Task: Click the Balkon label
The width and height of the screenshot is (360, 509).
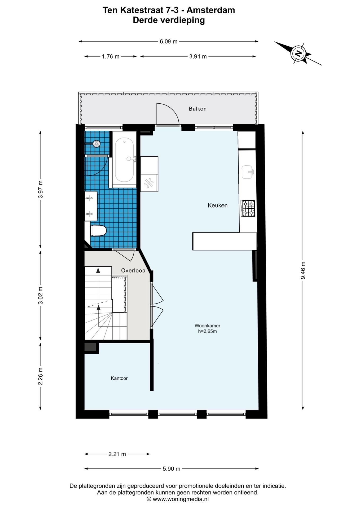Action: pos(197,109)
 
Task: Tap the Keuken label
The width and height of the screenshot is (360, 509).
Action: pos(218,205)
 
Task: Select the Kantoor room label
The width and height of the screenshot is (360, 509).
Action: pos(119,378)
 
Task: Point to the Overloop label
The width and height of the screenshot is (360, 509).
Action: pos(133,270)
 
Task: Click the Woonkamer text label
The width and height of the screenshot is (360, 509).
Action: pos(208,326)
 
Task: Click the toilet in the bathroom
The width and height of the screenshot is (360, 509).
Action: pos(98,230)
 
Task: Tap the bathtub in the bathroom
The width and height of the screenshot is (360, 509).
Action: pos(124,160)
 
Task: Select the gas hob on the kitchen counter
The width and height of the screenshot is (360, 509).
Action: pos(248,208)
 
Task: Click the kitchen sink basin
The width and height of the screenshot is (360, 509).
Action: pos(248,172)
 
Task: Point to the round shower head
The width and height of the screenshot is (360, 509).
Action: pos(96,144)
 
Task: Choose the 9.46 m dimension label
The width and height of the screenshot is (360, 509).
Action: pos(303,270)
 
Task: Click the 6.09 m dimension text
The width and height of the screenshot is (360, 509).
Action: pos(169,41)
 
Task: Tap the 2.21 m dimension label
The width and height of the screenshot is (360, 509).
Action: pos(117,454)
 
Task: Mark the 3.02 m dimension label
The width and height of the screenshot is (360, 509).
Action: pos(41,296)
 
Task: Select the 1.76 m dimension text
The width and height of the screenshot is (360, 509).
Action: pos(111,56)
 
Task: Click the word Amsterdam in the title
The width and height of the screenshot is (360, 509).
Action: pos(211,10)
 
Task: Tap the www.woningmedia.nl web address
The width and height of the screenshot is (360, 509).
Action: pos(181,499)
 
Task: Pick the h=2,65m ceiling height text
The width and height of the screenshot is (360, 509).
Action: pos(208,331)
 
